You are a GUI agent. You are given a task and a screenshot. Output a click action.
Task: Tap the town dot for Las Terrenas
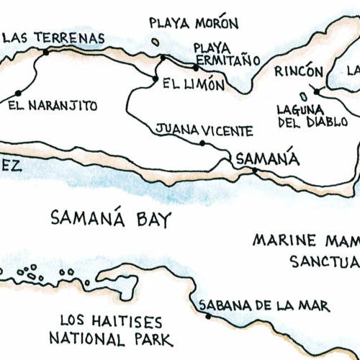(x=46, y=52)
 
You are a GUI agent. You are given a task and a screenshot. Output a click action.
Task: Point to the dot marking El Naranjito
(x=17, y=93)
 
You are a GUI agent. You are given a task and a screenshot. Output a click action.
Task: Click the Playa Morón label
(x=185, y=22)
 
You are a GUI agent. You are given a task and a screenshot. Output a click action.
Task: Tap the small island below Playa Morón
(x=156, y=42)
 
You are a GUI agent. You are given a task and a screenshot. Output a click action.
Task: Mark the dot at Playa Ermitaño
(x=195, y=68)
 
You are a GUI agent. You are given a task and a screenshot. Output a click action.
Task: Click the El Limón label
(x=193, y=84)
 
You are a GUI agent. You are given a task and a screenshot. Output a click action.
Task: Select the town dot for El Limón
(x=155, y=78)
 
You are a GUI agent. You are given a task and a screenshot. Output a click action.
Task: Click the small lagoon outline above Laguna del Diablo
(x=304, y=94)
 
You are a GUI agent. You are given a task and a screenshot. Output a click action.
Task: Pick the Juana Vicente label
(x=204, y=131)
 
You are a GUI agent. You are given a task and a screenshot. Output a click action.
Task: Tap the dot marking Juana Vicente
(x=202, y=143)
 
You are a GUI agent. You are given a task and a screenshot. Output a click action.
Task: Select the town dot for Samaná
(x=253, y=171)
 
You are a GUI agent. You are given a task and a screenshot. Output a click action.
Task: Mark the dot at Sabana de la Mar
(x=208, y=316)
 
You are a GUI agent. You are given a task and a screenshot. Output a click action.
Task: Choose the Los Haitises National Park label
(x=111, y=330)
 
